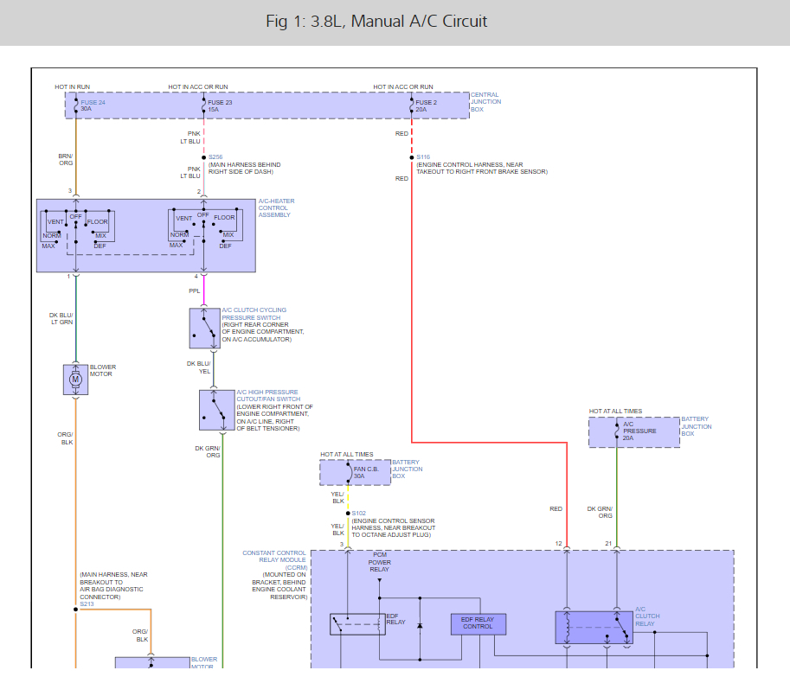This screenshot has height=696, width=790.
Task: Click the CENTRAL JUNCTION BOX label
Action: (x=485, y=102)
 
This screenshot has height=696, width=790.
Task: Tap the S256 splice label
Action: (x=215, y=157)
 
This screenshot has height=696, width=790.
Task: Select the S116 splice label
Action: (x=423, y=157)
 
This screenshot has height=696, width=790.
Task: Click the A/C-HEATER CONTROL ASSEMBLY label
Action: (x=276, y=208)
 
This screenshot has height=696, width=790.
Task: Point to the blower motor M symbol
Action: (x=75, y=379)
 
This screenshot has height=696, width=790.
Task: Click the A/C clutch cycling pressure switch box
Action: (x=204, y=328)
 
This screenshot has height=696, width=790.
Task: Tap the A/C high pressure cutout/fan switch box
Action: (x=216, y=410)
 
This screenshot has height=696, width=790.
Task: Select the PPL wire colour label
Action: (x=195, y=291)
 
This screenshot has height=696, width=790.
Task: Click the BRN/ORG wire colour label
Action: (x=66, y=159)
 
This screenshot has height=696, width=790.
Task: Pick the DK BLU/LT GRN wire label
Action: (x=61, y=318)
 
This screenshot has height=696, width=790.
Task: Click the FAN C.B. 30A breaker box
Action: (x=355, y=472)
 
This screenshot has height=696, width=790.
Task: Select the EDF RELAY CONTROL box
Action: (x=478, y=623)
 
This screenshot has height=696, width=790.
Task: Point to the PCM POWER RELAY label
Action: (x=380, y=562)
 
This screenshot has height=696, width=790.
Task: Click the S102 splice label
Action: (x=358, y=513)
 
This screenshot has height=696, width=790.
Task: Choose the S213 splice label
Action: (x=86, y=603)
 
